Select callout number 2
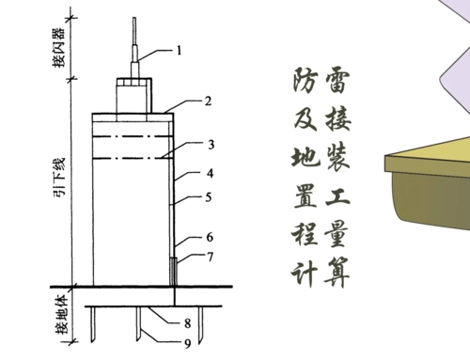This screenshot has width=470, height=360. [x=209, y=100]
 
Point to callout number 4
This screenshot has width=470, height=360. [x=211, y=173]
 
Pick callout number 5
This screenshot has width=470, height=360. [x=211, y=197]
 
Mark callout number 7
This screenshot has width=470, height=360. [x=211, y=257]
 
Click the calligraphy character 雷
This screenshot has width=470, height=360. [x=337, y=82]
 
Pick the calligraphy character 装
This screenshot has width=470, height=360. [x=337, y=157]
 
